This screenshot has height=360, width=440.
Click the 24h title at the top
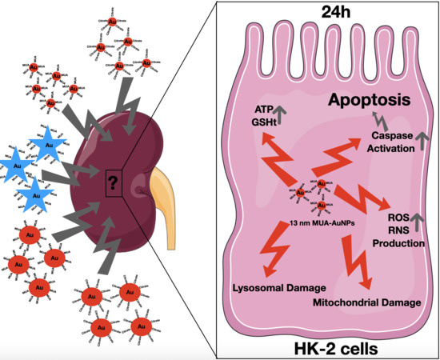pyautogui.click(x=327, y=13)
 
